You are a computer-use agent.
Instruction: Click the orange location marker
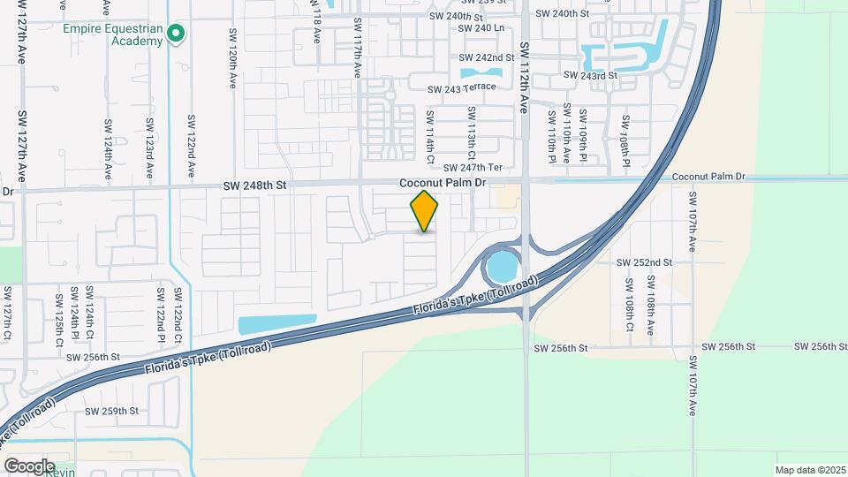(424, 211)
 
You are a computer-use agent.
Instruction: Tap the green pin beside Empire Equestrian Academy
(176, 34)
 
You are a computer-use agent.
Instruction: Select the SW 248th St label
(255, 185)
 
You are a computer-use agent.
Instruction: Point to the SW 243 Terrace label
(462, 88)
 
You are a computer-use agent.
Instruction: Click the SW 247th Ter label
(473, 167)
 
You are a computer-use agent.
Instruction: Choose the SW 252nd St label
(644, 262)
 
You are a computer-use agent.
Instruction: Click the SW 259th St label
(112, 411)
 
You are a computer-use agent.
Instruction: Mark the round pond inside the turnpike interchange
(500, 265)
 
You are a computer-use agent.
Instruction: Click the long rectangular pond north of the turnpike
(276, 324)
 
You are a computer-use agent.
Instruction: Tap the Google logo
(29, 466)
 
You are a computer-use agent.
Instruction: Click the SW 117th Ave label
(358, 48)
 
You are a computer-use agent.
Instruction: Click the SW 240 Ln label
(481, 28)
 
